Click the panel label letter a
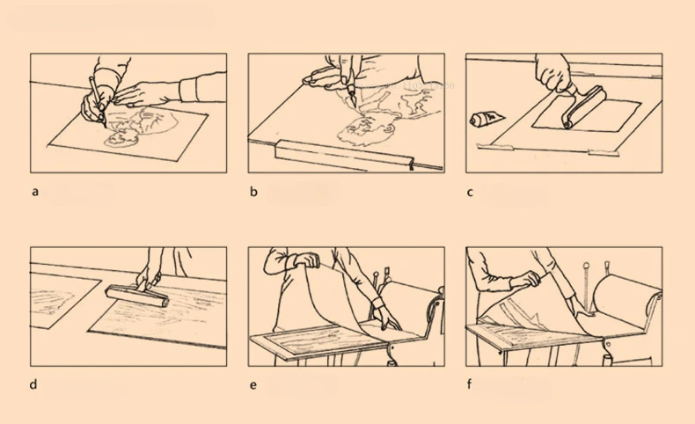click(x=35, y=193)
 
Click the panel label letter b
click(x=253, y=192)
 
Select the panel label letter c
click(x=470, y=193)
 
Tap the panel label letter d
click(x=33, y=384)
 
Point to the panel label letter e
click(x=253, y=385)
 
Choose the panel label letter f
click(x=470, y=384)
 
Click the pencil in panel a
click(x=98, y=102)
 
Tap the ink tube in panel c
click(x=486, y=118)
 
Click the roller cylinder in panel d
click(x=137, y=296)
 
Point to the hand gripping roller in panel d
click(x=148, y=277)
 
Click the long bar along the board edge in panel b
click(x=344, y=154)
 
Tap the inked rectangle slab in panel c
click(x=587, y=115)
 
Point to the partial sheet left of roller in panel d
click(x=62, y=300)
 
